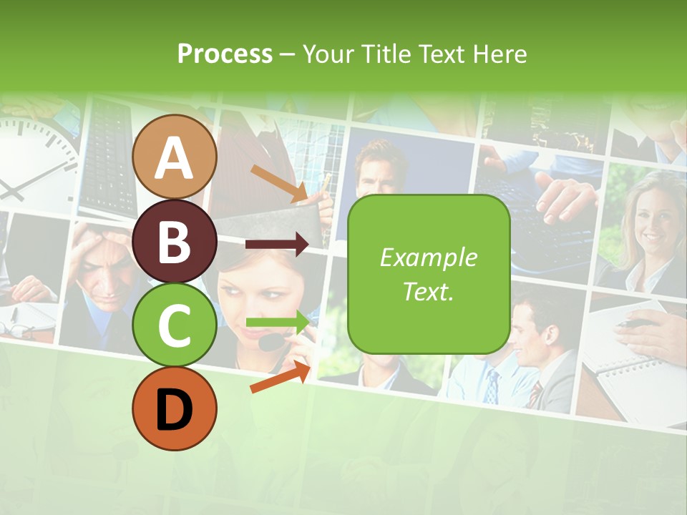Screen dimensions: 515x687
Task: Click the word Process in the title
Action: [x=225, y=54]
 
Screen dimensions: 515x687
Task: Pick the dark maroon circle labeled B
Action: [x=175, y=242]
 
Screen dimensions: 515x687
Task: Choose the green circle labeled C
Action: [x=175, y=325]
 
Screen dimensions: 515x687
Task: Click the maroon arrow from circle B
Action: [x=277, y=244]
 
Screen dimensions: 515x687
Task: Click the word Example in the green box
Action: [x=428, y=257]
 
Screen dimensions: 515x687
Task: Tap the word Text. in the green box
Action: [x=428, y=292]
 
